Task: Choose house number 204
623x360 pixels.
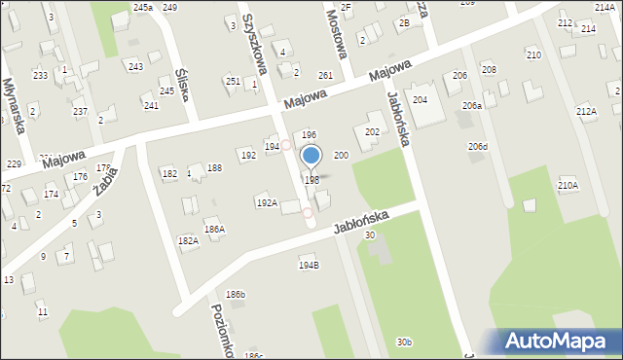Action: [420, 100]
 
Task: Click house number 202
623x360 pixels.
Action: [372, 131]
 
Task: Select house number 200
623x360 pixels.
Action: [341, 156]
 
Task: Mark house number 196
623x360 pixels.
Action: [309, 135]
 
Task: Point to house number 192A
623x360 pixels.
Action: [266, 203]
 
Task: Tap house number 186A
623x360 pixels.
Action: [214, 230]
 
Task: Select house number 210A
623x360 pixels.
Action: [568, 185]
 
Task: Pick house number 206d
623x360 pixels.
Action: [478, 147]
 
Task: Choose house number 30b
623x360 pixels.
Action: [404, 342]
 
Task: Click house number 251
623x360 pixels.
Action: [233, 81]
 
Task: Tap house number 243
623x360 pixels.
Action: [135, 66]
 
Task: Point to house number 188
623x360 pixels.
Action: [214, 168]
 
